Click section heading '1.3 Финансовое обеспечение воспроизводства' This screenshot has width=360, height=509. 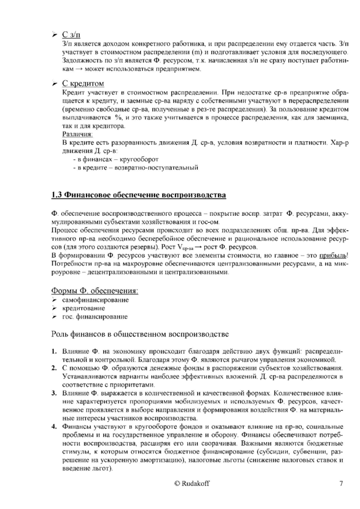(x=138, y=195)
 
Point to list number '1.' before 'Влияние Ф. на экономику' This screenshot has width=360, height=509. (x=52, y=351)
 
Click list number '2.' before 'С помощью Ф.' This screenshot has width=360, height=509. (x=52, y=368)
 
